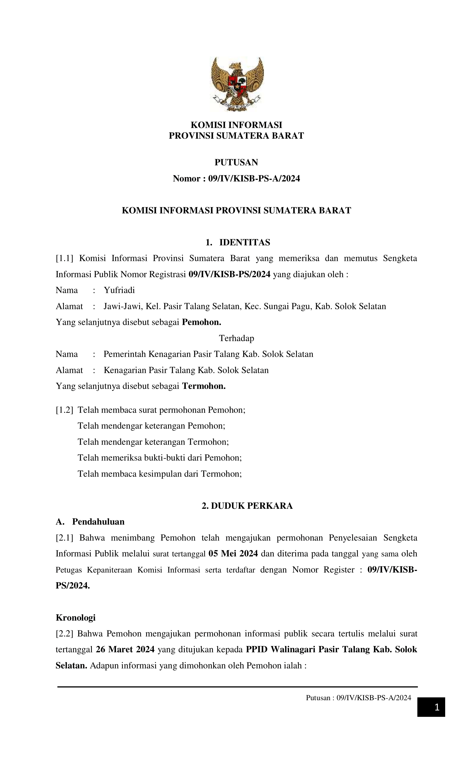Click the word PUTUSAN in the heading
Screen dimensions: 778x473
[x=236, y=162]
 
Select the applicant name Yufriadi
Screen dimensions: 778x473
[x=119, y=290]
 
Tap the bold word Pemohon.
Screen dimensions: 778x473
[x=201, y=322]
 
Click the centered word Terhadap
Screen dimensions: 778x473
[x=237, y=338]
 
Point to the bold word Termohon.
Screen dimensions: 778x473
[x=204, y=386]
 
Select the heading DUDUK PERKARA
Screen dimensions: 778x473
[x=247, y=505]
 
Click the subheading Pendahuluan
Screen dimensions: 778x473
[x=98, y=522]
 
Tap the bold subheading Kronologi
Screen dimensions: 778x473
[x=76, y=617]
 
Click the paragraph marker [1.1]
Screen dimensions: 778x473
[x=65, y=258]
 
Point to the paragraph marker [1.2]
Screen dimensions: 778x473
[x=65, y=410]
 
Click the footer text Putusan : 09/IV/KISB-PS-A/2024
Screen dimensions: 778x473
[x=358, y=698]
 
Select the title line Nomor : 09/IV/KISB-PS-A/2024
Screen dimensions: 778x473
[x=236, y=179]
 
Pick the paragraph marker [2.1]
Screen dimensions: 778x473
[x=65, y=538]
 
